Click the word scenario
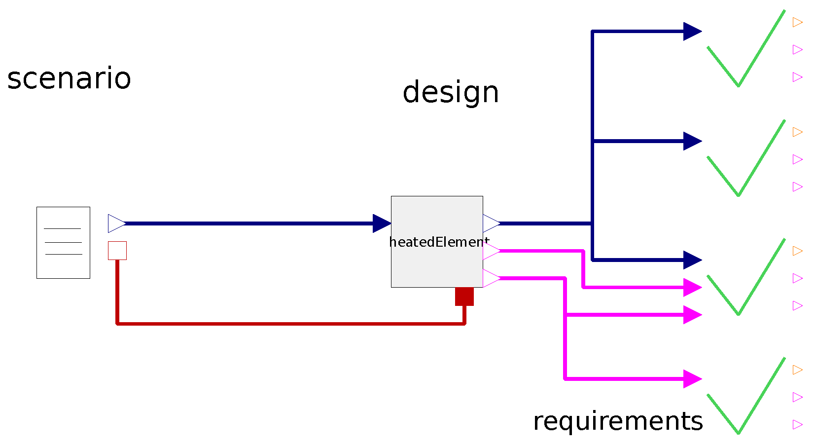pos(69,79)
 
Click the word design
pos(451,93)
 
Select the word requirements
pos(618,421)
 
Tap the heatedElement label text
pos(438,242)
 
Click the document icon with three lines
pos(63,243)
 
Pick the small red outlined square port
pos(117,251)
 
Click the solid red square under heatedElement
pos(464,297)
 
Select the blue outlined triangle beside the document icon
pos(116,223)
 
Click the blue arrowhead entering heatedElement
pos(382,223)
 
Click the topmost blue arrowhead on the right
pos(692,32)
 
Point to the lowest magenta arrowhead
pos(692,379)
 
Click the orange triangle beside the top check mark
pos(797,22)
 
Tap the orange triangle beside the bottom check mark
pos(797,370)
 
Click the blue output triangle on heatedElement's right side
pos(491,223)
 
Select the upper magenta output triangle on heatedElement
pos(491,251)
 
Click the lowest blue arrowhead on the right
pos(692,260)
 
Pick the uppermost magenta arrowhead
pos(692,287)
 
